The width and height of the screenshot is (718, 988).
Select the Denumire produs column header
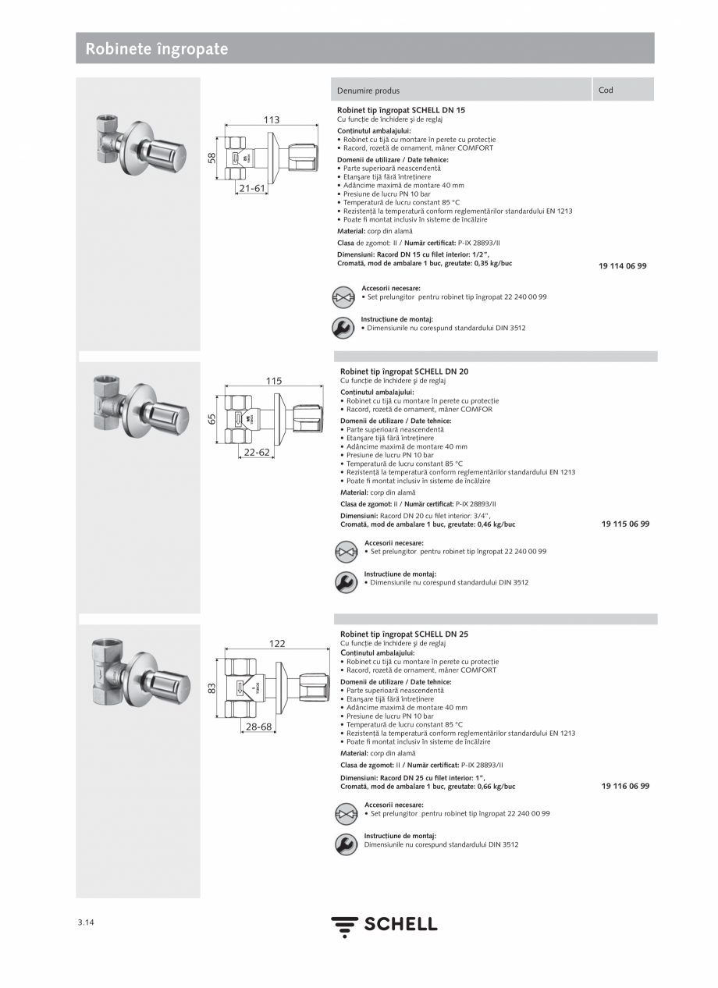[368, 91]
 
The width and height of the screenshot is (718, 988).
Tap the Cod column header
[606, 90]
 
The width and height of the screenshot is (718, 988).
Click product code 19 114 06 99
[622, 266]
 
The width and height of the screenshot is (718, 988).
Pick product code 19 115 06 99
[625, 524]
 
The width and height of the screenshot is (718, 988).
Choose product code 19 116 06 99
[625, 787]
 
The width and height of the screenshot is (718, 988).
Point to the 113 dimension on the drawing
[271, 120]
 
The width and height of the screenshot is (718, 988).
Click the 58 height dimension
[211, 158]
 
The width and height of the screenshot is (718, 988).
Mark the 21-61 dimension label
[252, 189]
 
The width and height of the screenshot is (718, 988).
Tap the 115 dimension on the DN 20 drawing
[273, 382]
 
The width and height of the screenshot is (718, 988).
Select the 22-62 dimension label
[256, 453]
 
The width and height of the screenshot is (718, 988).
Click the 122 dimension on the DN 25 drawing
[277, 644]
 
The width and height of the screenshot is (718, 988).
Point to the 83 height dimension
[211, 689]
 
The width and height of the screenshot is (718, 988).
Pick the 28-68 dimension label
[259, 727]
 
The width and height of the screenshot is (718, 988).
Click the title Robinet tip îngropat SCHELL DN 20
[403, 371]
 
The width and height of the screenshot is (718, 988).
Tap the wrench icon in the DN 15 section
[343, 328]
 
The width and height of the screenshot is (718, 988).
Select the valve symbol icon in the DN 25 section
[346, 814]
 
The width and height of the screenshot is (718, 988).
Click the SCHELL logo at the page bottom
[384, 926]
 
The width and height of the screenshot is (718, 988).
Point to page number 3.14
[86, 922]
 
